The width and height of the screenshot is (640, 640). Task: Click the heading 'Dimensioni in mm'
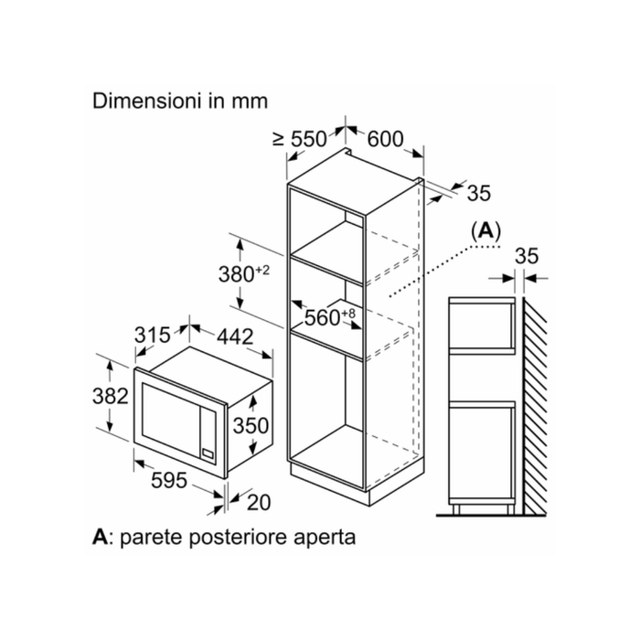[180, 101]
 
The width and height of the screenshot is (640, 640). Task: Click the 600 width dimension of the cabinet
[385, 139]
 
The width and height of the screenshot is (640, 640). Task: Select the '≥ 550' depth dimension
[300, 139]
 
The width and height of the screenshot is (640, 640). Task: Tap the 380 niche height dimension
[244, 273]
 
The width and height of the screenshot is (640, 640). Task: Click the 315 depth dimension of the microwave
[153, 336]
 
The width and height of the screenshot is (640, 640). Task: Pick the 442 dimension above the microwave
[235, 336]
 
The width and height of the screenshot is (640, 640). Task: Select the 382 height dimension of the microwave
[111, 396]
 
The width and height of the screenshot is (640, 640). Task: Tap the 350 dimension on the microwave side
[251, 426]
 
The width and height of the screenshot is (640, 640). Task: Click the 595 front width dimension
[169, 480]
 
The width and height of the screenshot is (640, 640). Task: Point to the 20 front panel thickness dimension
[259, 503]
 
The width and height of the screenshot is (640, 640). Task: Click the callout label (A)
[485, 231]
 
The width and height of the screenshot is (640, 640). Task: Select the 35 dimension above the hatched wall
[527, 256]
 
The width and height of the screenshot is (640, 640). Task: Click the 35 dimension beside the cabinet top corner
[479, 193]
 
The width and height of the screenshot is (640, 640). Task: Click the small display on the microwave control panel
[208, 453]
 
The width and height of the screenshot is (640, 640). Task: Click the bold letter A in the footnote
[101, 537]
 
